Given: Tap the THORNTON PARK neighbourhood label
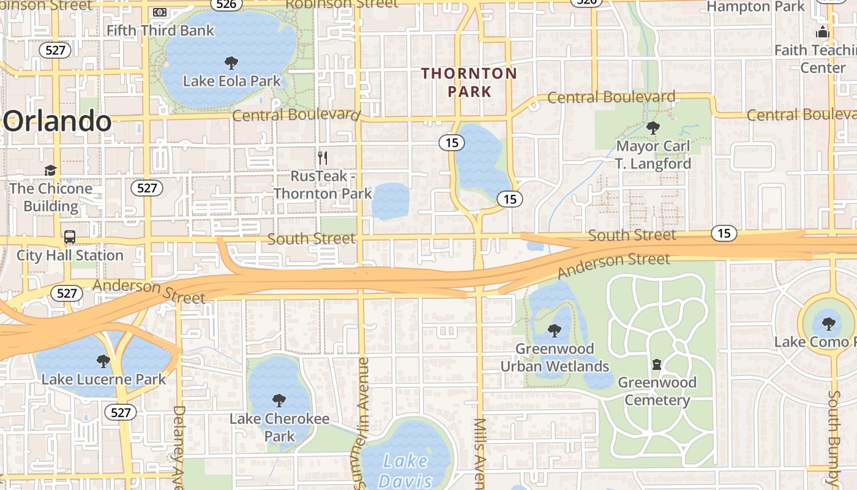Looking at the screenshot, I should tap(470, 83).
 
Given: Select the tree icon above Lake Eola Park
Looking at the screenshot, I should tap(231, 62).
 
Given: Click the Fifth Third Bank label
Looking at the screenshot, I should tap(160, 30).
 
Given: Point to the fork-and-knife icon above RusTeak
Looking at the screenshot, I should tap(323, 158).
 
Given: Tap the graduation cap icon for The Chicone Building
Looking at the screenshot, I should tap(50, 170).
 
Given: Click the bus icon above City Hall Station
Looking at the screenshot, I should tap(70, 237).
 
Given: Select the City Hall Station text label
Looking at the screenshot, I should tap(70, 255).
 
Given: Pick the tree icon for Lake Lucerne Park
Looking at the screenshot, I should tap(103, 361).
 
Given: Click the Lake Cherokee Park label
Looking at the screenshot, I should tap(279, 428).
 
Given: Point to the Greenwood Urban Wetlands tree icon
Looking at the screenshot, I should tap(555, 331).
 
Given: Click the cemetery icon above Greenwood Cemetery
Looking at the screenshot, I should tap(657, 364).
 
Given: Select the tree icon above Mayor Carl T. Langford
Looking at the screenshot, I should tap(653, 128).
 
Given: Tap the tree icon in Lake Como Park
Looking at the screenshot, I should tap(829, 323).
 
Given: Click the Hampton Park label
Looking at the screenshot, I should tap(755, 7).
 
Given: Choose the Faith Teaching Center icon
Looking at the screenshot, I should tap(822, 32).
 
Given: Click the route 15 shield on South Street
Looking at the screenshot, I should tap(724, 233).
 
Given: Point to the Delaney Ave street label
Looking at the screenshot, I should tap(179, 441).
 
